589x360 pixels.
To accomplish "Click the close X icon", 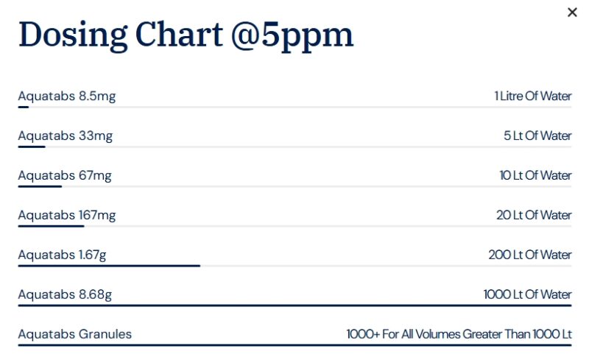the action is (572, 13).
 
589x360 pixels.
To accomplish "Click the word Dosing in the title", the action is (73, 35).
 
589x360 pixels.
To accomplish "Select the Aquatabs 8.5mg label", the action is (67, 96).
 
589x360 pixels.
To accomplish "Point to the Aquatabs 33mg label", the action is (66, 136).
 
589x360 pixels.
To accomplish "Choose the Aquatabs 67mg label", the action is (65, 175).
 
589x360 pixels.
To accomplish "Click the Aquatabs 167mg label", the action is (67, 215).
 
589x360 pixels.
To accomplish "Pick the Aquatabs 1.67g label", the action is (63, 255).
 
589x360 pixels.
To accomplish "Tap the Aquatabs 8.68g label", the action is (65, 294).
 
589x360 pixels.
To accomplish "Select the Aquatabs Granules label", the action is (75, 334).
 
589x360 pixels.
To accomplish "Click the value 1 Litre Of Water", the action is (533, 96).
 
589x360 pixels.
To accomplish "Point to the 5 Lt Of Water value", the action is (537, 135).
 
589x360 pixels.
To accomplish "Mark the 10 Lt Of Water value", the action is (536, 175).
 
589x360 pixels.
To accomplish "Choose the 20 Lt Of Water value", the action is (535, 215).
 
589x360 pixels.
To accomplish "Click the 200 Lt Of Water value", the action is (530, 255).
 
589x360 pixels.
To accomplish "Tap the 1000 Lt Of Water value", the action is (527, 294).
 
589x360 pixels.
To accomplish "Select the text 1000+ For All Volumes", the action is (403, 334).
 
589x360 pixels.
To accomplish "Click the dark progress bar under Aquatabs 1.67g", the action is (109, 266).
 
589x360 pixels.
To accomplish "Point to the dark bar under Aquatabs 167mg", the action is (51, 226).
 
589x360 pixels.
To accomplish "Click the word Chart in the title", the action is (179, 35).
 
